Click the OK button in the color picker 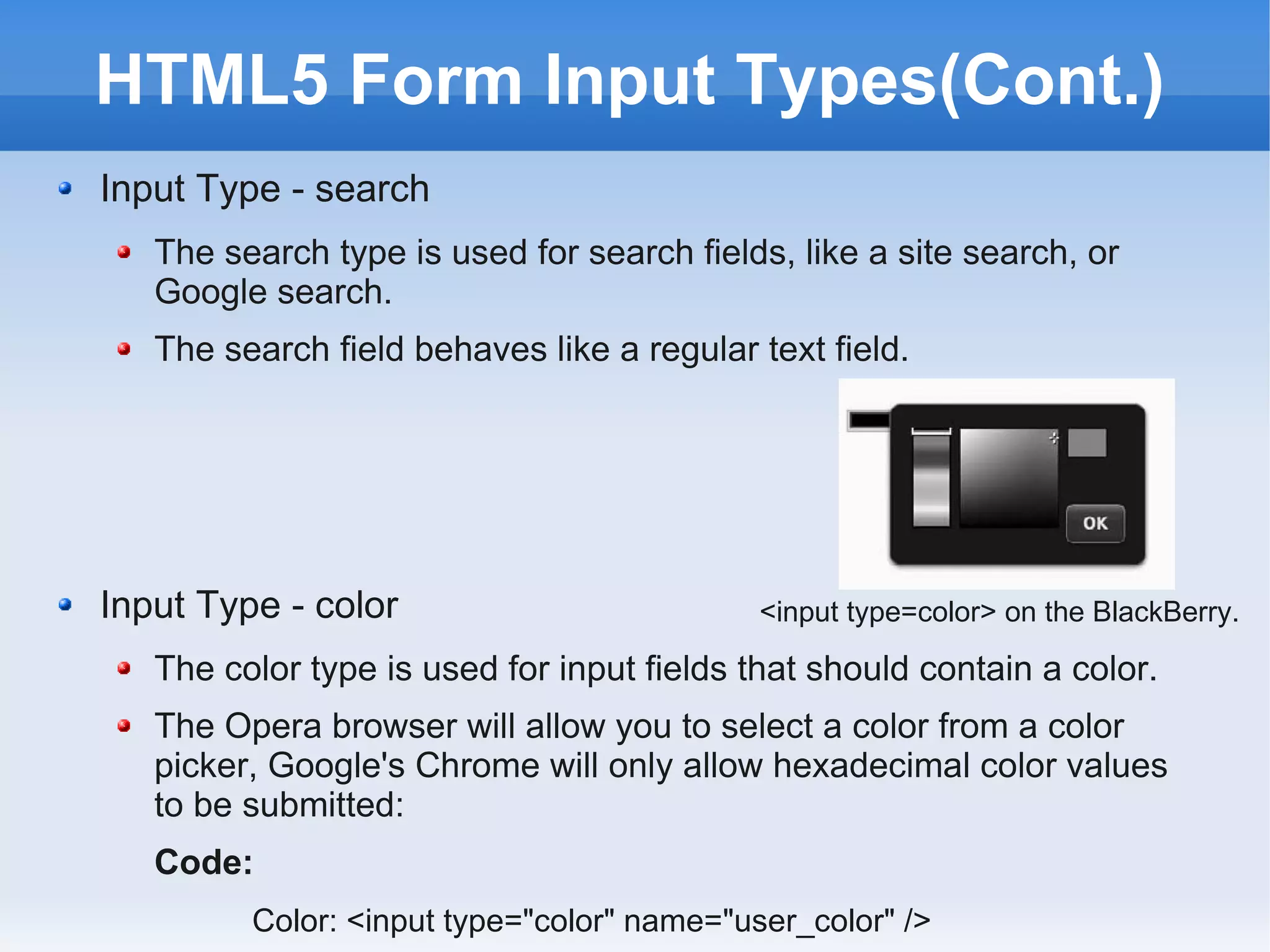[1095, 523]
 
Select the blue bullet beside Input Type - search [65, 188]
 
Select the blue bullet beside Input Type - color [65, 604]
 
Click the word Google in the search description [210, 293]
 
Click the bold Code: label [203, 862]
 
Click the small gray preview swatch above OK [1087, 442]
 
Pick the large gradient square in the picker [1009, 478]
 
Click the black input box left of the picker [869, 420]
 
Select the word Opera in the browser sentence [273, 727]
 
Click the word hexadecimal [871, 766]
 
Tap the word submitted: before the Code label [322, 805]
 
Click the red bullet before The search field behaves [124, 349]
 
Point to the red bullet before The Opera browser [124, 725]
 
